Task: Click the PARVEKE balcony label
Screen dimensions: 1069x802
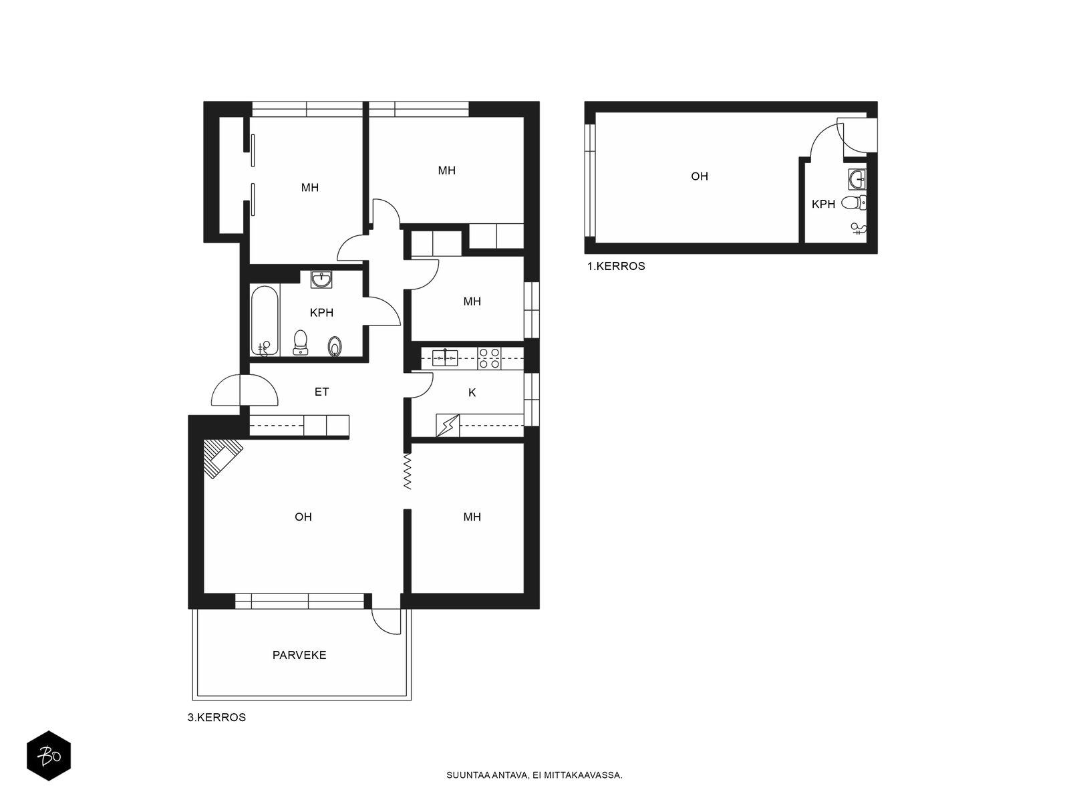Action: pyautogui.click(x=299, y=655)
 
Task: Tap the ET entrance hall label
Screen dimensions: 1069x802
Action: pyautogui.click(x=321, y=392)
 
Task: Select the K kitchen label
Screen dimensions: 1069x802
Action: pyautogui.click(x=472, y=392)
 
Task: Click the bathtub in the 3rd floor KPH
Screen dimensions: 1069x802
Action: pyautogui.click(x=265, y=321)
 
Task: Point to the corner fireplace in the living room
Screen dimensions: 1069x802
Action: pyautogui.click(x=222, y=458)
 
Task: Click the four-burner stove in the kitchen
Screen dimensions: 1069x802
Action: pyautogui.click(x=489, y=358)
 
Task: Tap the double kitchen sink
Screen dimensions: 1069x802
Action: pyautogui.click(x=445, y=358)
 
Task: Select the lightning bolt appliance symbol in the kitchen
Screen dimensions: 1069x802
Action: pyautogui.click(x=448, y=425)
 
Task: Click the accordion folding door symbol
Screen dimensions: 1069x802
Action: pyautogui.click(x=407, y=472)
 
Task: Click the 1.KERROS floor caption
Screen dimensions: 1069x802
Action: pyautogui.click(x=616, y=267)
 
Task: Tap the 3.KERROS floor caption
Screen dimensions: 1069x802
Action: pyautogui.click(x=216, y=717)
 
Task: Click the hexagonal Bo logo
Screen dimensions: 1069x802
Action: pyautogui.click(x=49, y=756)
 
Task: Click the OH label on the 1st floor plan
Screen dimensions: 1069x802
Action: pyautogui.click(x=700, y=176)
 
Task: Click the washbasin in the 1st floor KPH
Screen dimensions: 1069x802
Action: pyautogui.click(x=857, y=179)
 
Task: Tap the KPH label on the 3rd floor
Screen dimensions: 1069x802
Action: pyautogui.click(x=321, y=313)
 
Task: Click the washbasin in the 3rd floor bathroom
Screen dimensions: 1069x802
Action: pyautogui.click(x=321, y=279)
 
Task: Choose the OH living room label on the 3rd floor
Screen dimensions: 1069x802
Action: pyautogui.click(x=303, y=517)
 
